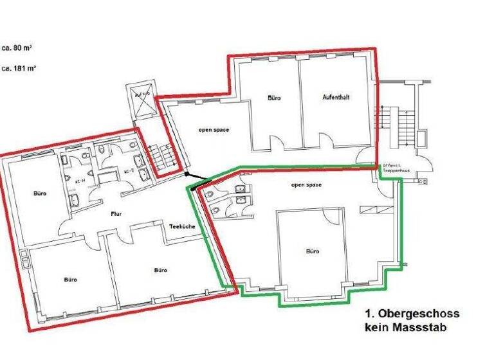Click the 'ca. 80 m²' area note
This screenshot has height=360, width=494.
click(19, 48)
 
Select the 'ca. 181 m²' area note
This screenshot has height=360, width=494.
click(20, 67)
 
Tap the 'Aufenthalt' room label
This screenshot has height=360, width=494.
click(336, 97)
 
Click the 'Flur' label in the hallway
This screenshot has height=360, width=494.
click(116, 214)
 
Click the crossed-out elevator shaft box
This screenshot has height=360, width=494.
click(142, 100)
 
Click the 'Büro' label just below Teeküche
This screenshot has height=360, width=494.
click(160, 270)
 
